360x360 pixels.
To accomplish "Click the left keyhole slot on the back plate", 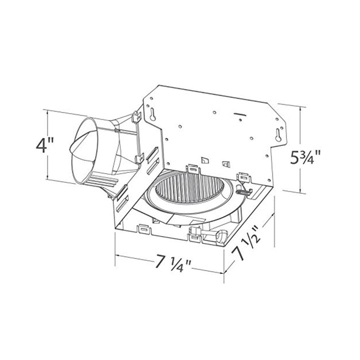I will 151,114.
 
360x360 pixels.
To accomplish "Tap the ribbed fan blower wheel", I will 190,195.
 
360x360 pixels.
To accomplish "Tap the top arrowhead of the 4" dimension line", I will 47,111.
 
